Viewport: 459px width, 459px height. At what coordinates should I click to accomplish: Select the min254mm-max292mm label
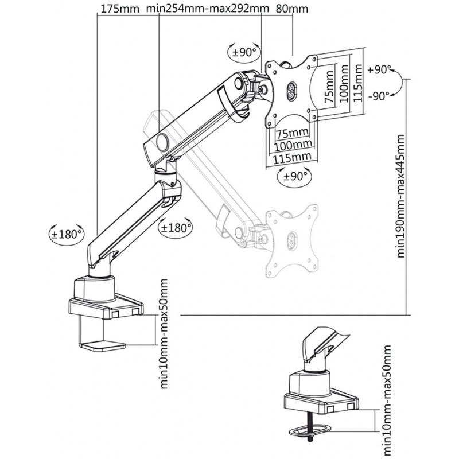[207, 9]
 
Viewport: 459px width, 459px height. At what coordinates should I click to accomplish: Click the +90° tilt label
[379, 70]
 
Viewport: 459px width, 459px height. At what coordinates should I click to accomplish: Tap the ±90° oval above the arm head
[243, 52]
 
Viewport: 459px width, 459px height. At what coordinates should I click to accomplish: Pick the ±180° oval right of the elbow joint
[176, 227]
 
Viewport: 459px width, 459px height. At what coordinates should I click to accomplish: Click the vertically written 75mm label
[329, 87]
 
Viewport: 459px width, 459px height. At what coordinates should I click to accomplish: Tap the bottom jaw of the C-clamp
[103, 346]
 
